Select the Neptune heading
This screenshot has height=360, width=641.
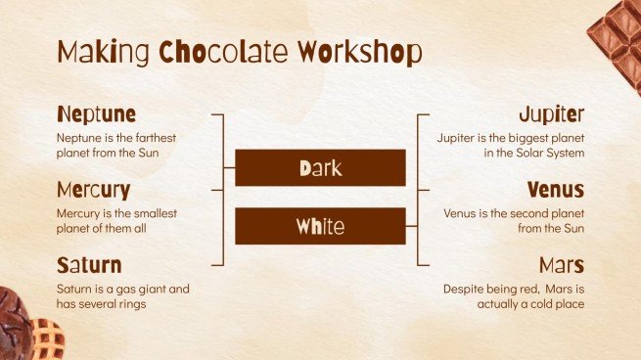96,113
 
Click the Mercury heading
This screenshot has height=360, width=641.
93,189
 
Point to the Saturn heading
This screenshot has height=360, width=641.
89,265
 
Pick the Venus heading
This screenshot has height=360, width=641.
555,189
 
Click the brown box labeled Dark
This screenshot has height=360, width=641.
320,168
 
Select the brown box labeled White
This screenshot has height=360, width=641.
320,227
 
